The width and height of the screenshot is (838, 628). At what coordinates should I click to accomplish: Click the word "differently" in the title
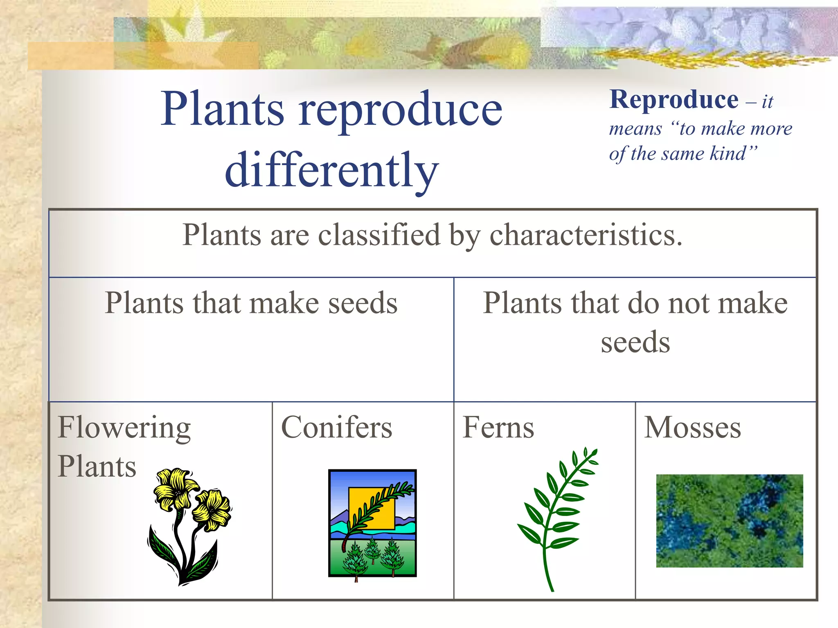point(332,170)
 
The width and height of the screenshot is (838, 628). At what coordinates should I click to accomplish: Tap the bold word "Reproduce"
point(674,100)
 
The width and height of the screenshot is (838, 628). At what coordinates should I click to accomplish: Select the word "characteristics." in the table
point(586,235)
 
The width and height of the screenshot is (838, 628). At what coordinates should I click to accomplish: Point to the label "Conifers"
point(336,428)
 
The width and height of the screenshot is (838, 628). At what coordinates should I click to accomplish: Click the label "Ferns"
point(498,428)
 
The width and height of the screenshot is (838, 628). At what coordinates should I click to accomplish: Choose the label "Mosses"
point(692,428)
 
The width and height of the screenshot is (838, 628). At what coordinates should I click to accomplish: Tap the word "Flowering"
point(124,428)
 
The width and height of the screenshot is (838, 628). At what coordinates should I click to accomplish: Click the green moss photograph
point(729,520)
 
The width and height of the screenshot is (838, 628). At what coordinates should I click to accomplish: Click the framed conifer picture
point(372,523)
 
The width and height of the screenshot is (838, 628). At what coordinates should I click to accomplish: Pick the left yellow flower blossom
point(175,489)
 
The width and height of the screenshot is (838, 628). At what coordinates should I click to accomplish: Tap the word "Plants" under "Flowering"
point(97,467)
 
